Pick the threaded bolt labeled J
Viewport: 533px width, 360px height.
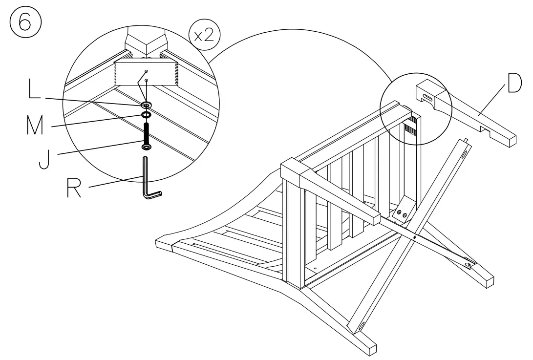146,134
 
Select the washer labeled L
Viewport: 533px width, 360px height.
146,105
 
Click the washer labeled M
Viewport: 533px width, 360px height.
146,115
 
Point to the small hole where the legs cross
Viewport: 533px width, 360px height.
415,237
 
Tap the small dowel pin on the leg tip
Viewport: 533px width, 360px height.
467,140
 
